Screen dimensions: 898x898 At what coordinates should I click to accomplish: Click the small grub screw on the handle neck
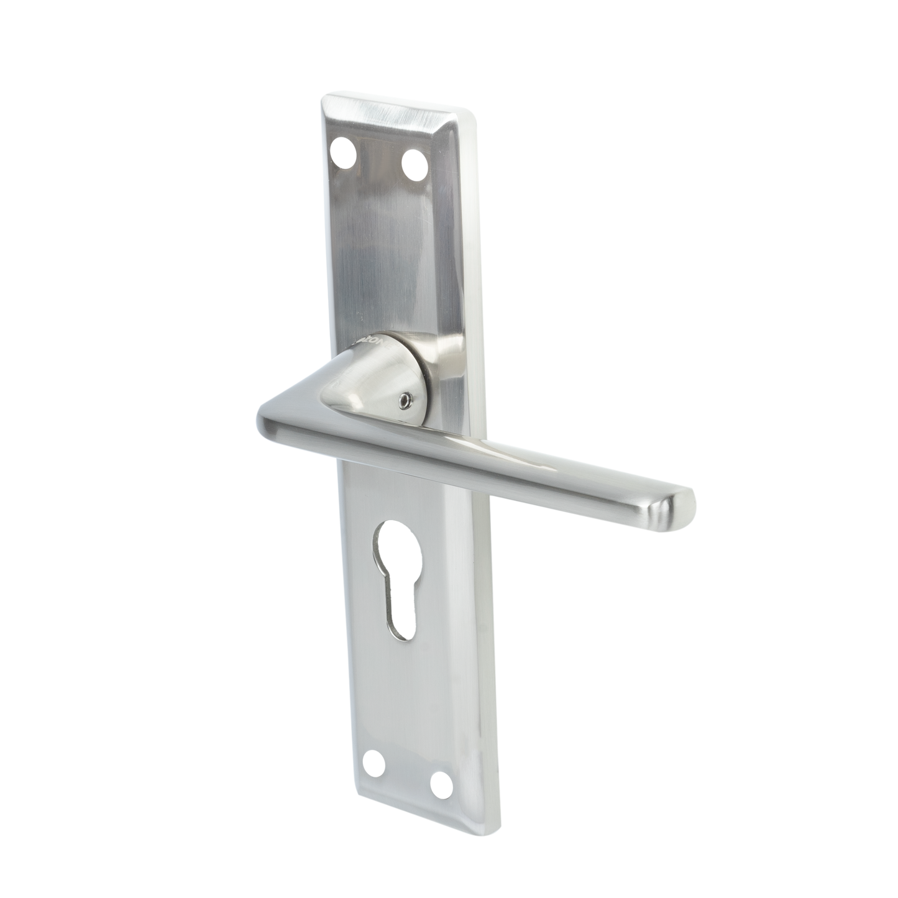pos(405,401)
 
